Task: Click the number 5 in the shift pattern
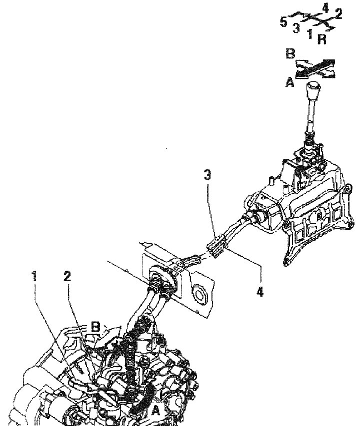coord(283,22)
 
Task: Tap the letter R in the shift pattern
coord(321,39)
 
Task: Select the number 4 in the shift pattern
coord(325,8)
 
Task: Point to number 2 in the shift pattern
coord(338,13)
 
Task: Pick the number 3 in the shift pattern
coord(296,28)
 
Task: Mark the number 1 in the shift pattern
coord(309,33)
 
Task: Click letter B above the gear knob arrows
coord(290,53)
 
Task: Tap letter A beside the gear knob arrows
coord(290,82)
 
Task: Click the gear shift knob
coord(313,90)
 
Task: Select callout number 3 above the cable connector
coord(207,175)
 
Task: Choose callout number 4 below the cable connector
coord(260,292)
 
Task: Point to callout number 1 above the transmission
coord(34,276)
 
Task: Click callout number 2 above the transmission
coord(67,276)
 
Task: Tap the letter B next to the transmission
coord(95,327)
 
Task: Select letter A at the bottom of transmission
coord(155,410)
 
